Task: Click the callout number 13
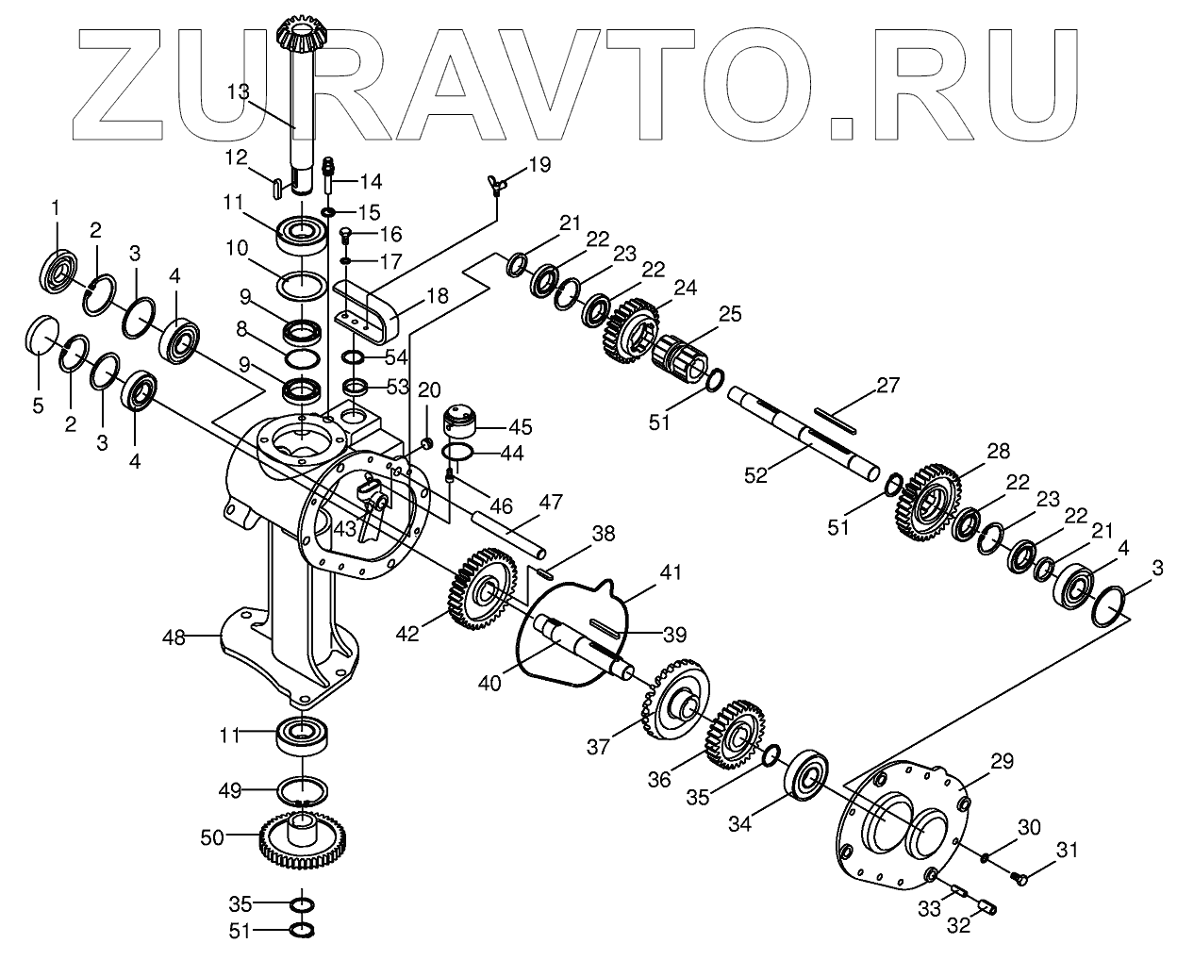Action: coord(238,91)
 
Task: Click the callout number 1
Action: coord(55,207)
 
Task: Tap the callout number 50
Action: coord(213,836)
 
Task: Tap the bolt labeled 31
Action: coord(1018,878)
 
